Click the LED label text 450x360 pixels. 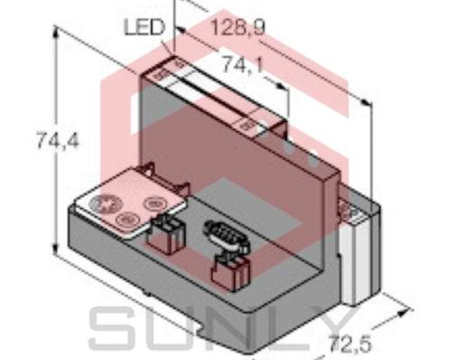(142, 29)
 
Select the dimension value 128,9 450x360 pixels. (237, 29)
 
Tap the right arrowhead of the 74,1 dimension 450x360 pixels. (287, 93)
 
